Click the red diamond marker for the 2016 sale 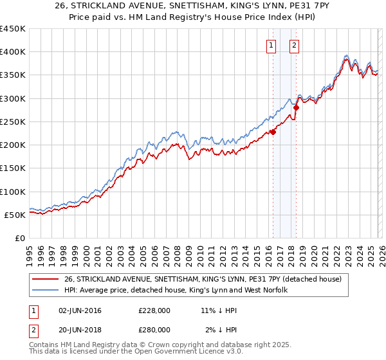[273, 132]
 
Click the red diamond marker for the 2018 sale [296, 108]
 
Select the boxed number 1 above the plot [271, 45]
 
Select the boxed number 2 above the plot [294, 45]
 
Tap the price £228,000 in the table [154, 310]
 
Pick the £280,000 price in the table [154, 329]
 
